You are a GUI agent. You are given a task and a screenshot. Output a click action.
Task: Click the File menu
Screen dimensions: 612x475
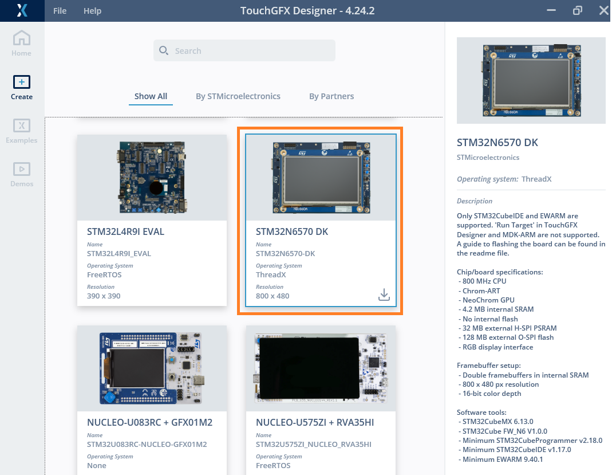click(x=60, y=11)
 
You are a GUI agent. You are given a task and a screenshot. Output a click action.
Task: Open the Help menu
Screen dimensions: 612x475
click(x=92, y=11)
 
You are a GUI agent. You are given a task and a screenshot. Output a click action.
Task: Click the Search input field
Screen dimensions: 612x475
click(x=244, y=50)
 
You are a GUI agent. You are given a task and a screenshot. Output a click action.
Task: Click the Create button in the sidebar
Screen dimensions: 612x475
click(x=22, y=87)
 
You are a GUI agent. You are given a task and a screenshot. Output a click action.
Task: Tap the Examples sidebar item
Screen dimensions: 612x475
click(x=22, y=131)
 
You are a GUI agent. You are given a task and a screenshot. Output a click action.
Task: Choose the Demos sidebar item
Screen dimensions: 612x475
click(x=22, y=174)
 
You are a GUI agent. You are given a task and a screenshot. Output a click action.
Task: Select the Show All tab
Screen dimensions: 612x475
click(x=151, y=96)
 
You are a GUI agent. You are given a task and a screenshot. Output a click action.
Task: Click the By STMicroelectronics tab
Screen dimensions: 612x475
click(x=238, y=96)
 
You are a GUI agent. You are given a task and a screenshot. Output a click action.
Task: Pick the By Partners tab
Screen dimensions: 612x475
click(x=331, y=96)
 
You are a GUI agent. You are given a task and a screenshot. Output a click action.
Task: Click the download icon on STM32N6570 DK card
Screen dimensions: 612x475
click(x=384, y=295)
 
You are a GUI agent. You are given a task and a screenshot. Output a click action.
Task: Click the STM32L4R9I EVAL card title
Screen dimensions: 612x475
click(x=126, y=232)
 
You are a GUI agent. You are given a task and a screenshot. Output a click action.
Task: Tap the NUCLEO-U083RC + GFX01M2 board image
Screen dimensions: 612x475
click(x=152, y=368)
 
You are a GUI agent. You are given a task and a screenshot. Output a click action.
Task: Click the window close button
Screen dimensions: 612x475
click(x=603, y=10)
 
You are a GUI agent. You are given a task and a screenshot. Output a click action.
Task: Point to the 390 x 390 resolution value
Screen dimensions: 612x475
click(x=104, y=296)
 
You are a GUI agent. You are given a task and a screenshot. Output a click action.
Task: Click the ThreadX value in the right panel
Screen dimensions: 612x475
click(x=536, y=179)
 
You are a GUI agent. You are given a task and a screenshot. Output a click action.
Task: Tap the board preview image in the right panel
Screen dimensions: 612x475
click(x=531, y=80)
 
